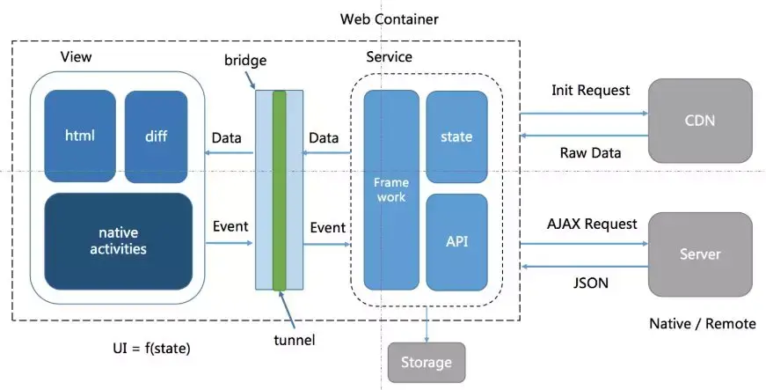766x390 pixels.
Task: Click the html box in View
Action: [x=80, y=136]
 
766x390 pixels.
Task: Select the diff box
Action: [x=156, y=136]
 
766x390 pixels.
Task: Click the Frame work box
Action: [x=390, y=190]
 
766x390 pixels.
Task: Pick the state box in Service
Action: [x=456, y=136]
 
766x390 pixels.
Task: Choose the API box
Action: [x=456, y=240]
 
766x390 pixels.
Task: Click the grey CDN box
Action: [x=700, y=121]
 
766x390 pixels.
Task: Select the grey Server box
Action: [x=700, y=254]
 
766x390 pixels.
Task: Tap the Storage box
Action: [x=426, y=362]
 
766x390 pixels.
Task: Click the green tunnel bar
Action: [x=280, y=189]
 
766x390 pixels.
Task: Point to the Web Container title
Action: [x=389, y=18]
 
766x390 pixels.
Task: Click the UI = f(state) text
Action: [x=145, y=349]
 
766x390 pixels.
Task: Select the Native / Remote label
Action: [x=702, y=323]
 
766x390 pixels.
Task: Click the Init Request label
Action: [x=591, y=90]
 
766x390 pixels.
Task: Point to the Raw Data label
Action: [x=590, y=152]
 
